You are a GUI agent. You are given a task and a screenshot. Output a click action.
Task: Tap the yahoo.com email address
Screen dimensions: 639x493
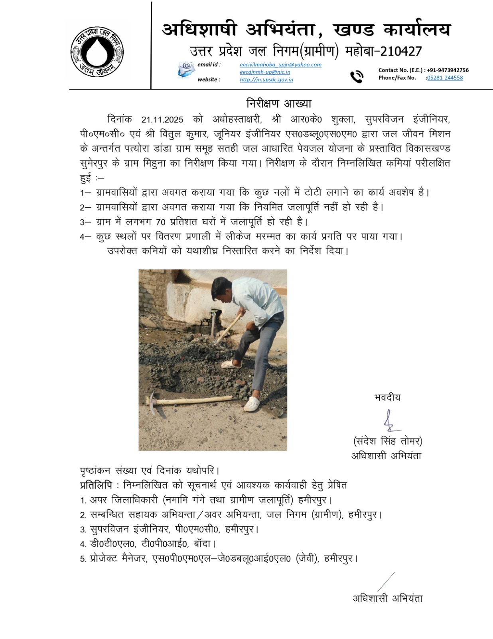tap(280, 65)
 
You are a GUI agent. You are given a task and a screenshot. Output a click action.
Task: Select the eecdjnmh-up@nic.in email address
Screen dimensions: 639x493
tap(265, 72)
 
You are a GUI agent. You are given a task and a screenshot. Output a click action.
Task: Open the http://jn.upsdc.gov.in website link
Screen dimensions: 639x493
tap(266, 79)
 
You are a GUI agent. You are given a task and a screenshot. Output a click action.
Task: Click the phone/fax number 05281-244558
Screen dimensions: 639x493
tap(445, 78)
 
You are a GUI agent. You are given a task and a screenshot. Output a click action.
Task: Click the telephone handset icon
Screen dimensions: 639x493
tap(356, 76)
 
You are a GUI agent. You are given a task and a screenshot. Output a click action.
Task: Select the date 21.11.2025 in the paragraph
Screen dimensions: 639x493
tap(162, 119)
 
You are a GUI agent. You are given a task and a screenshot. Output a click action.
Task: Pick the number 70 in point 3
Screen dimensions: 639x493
tap(161, 222)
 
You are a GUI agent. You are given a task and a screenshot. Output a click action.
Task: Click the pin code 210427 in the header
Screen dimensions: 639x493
tap(401, 51)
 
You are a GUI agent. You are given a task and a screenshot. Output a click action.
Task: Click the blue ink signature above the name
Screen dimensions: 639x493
tap(390, 421)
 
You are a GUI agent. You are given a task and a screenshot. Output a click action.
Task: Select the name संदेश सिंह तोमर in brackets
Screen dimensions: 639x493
tap(388, 441)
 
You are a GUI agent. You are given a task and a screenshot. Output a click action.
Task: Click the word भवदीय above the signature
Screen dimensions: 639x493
tap(387, 397)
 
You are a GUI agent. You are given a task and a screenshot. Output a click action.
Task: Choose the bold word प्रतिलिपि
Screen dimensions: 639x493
tap(96, 485)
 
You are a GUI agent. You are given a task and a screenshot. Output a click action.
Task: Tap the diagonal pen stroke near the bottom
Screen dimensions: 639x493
tap(386, 581)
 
